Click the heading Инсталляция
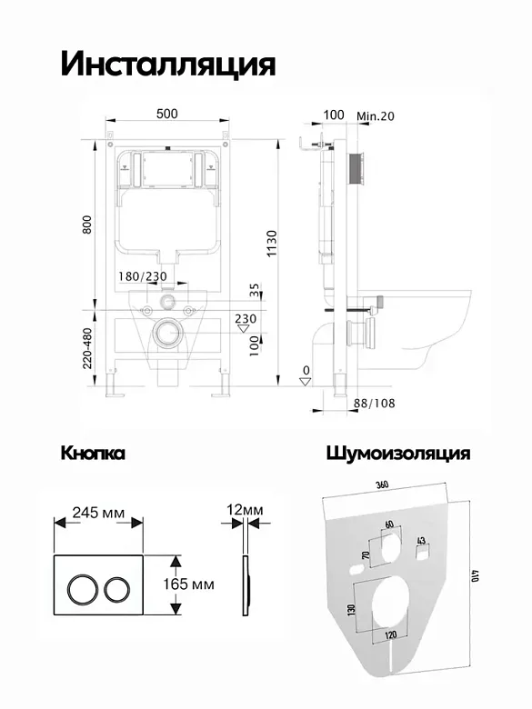click(x=168, y=64)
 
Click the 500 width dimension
click(x=167, y=114)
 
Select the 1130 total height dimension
click(x=271, y=244)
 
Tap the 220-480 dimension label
click(x=87, y=348)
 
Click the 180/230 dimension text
click(x=143, y=276)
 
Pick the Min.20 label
click(x=375, y=116)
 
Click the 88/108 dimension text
click(x=374, y=403)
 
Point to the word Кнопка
click(x=93, y=453)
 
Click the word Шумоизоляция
click(x=398, y=454)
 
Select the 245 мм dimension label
click(x=98, y=513)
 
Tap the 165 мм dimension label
click(x=188, y=584)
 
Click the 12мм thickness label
click(x=245, y=510)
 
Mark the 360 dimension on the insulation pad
click(x=382, y=484)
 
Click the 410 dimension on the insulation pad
click(x=475, y=575)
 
